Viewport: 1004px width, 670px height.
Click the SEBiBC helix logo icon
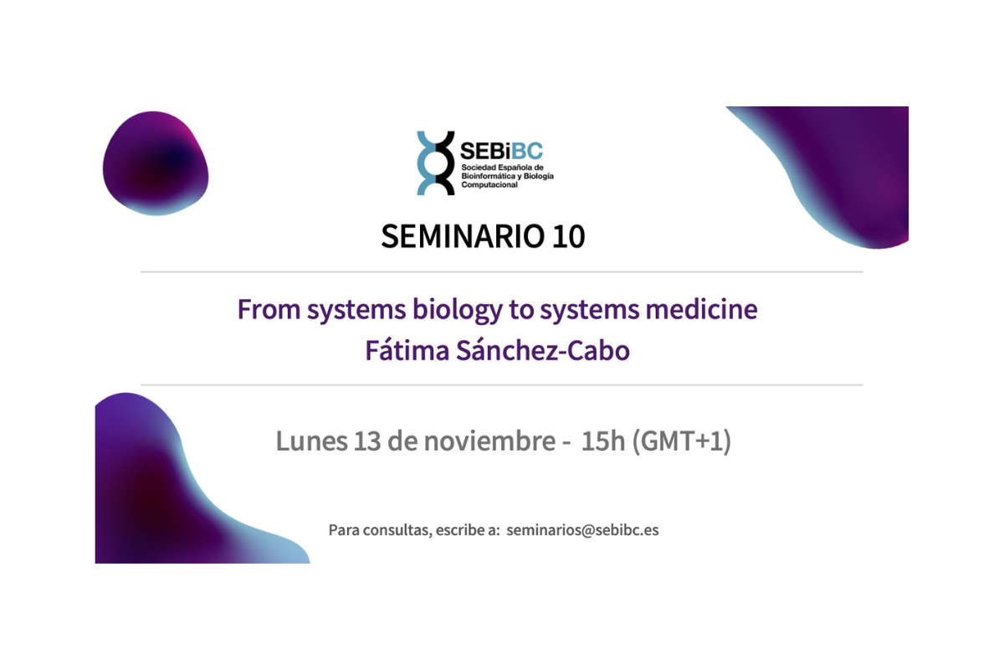pos(436,162)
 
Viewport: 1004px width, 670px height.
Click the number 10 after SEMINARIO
pos(568,236)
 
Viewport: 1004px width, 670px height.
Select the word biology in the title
pos(458,310)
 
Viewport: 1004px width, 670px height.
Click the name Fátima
pos(408,350)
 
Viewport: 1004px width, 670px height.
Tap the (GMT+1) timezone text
pos(682,441)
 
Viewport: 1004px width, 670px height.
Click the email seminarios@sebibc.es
pos(582,530)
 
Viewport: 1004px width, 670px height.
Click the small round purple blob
pos(156,162)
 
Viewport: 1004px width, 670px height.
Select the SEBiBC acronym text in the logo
pos(501,151)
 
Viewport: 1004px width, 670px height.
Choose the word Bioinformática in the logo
pos(492,176)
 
